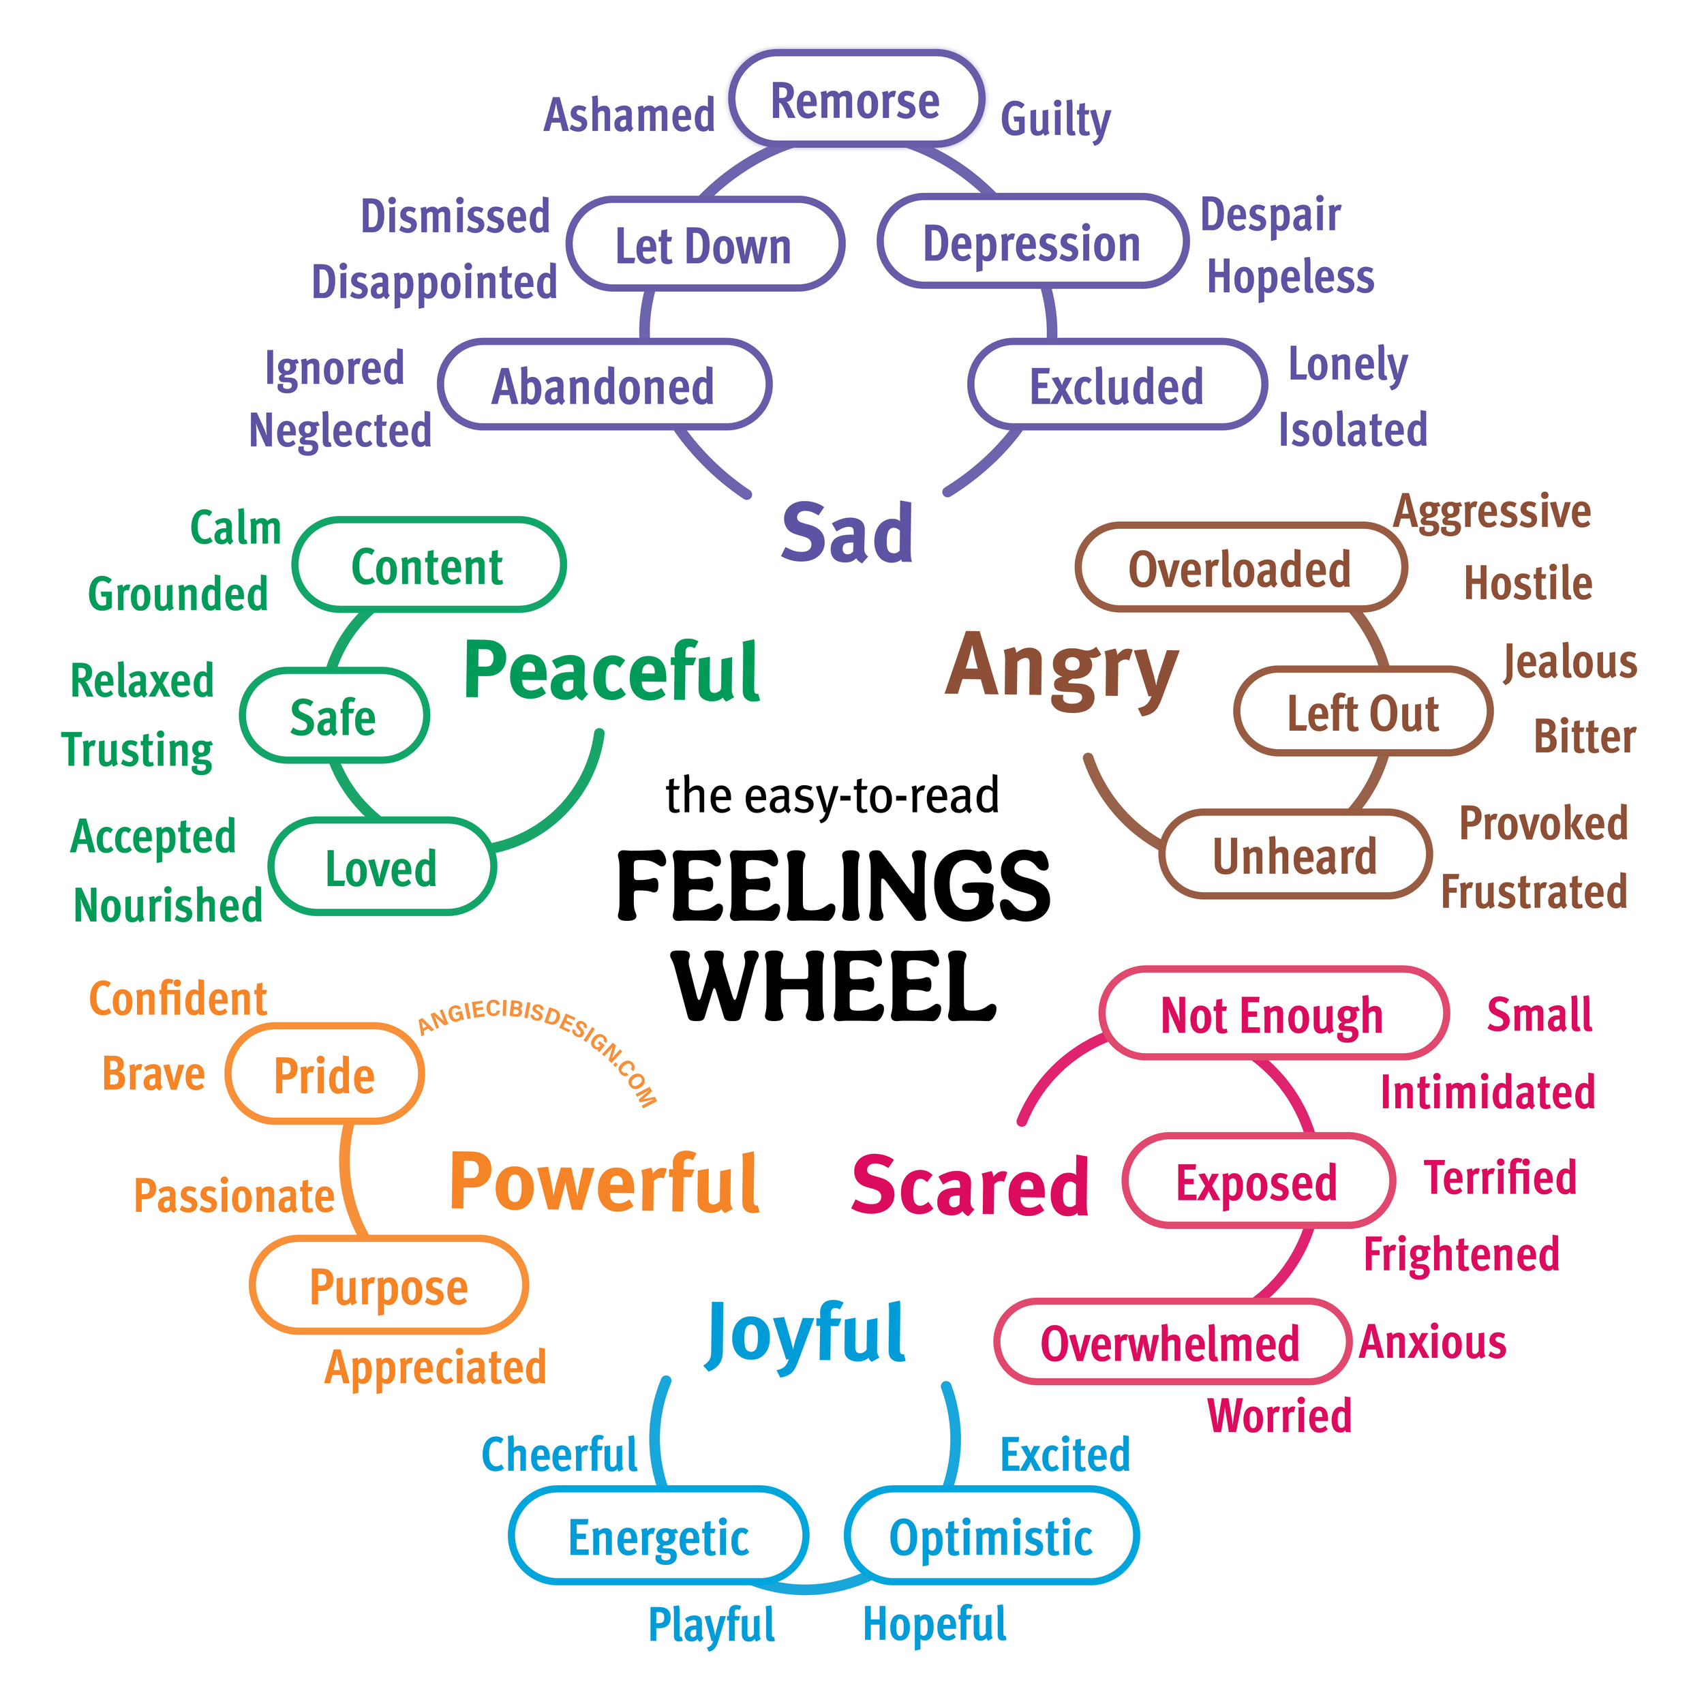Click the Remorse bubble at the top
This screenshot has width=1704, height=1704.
(x=855, y=100)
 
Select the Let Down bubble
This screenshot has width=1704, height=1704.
(x=704, y=245)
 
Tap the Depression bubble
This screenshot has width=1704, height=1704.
(x=1032, y=243)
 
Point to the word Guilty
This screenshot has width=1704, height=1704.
(x=1055, y=119)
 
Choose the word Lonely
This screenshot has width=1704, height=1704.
(x=1348, y=364)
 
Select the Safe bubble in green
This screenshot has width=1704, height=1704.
(x=333, y=716)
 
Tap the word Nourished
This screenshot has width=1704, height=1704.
(x=168, y=905)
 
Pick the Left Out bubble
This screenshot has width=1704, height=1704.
(x=1363, y=713)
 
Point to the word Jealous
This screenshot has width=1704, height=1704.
(x=1570, y=661)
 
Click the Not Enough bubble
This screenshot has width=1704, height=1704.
(x=1272, y=1014)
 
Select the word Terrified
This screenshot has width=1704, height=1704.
(x=1500, y=1177)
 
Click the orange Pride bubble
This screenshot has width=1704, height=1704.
(x=324, y=1075)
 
